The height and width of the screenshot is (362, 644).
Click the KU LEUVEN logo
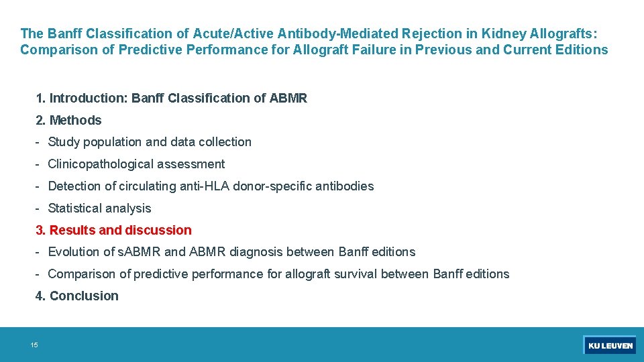[x=610, y=345]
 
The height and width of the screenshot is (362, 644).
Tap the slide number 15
[x=34, y=345]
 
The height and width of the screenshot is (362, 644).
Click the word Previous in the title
[x=443, y=50]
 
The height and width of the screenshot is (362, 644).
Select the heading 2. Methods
[x=68, y=121]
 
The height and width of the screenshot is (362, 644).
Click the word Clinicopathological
[x=108, y=164]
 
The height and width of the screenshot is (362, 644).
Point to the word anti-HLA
[x=204, y=186]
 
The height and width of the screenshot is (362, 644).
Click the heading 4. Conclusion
[x=77, y=296]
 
